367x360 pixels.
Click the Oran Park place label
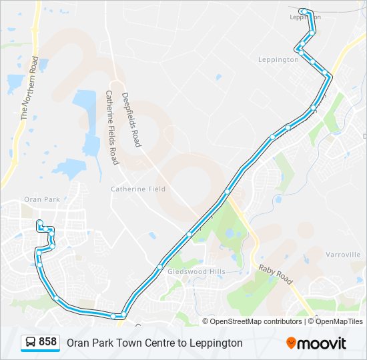tap(41, 199)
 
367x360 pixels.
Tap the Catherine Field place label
tap(138, 189)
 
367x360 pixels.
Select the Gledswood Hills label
tap(196, 272)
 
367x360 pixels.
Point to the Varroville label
tap(344, 255)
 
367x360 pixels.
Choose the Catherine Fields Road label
tap(111, 128)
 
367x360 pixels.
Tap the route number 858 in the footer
tap(47, 342)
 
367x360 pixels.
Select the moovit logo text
tap(322, 343)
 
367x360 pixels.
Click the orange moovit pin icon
tap(292, 343)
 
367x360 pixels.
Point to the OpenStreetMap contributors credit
tap(256, 321)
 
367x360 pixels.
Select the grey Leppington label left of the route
tap(278, 59)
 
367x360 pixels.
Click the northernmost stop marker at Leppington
tap(304, 11)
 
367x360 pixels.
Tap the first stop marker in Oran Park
tap(40, 223)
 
